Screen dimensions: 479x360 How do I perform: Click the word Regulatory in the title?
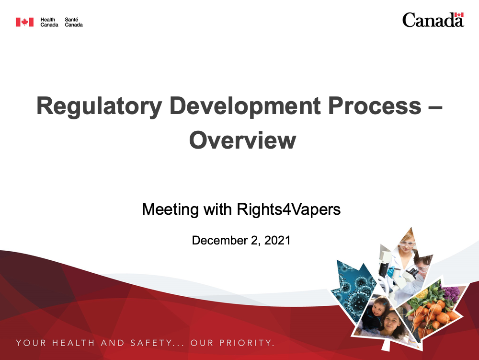99,106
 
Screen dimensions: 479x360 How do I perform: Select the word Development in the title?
245,106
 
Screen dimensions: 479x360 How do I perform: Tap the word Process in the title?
375,106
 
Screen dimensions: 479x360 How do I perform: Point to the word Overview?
242,140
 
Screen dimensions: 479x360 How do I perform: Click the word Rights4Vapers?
289,209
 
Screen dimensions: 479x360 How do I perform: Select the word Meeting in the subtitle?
171,209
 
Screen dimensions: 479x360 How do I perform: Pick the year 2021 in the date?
277,240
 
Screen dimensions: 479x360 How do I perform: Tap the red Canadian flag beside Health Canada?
25,22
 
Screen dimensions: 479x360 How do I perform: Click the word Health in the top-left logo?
47,20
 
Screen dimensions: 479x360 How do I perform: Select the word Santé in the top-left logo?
71,20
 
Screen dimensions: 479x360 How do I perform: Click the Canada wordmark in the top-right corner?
433,20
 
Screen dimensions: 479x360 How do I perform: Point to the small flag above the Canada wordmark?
459,15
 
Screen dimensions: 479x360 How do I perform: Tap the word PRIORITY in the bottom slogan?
246,343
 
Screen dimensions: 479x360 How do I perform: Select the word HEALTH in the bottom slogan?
73,343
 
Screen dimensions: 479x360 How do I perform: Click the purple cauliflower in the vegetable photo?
451,293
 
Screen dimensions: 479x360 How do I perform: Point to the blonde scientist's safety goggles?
407,244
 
